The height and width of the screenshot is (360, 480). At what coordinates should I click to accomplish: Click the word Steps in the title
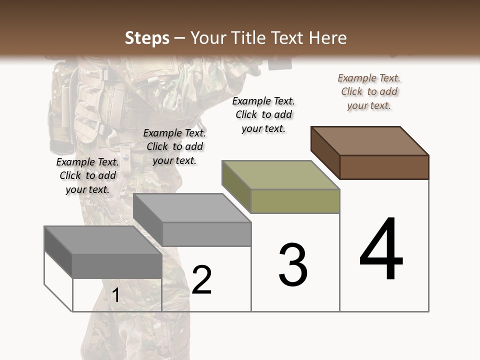[147, 38]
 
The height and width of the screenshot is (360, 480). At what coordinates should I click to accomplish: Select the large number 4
[381, 249]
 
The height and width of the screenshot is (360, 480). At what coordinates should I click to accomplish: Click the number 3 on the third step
[293, 265]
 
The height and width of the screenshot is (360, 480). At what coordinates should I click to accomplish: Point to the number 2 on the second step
[202, 280]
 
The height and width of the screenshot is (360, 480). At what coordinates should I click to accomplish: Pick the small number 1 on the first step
[116, 295]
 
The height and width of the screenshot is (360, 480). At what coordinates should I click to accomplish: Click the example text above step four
[369, 91]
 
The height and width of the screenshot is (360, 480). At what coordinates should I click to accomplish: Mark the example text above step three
[263, 114]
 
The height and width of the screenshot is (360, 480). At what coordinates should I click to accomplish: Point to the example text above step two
[174, 146]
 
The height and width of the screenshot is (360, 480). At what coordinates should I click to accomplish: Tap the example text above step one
[87, 175]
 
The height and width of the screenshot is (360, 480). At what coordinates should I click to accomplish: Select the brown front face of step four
[384, 167]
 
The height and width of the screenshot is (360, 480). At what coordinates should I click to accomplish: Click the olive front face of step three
[295, 201]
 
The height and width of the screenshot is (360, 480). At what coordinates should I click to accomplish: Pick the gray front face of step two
[206, 234]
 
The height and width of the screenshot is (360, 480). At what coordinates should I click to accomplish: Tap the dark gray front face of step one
[117, 266]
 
